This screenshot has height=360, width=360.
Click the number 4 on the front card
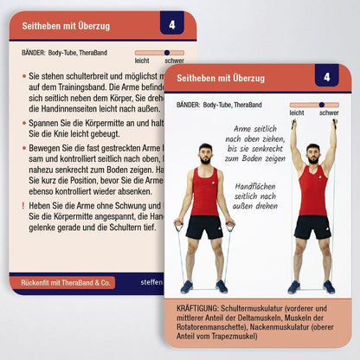pos(326,77)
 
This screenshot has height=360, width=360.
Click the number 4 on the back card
pos(171,25)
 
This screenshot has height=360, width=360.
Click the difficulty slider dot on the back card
pos(167,53)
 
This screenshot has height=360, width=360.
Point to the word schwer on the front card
pos(329,113)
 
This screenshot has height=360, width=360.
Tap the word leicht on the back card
pos(142,61)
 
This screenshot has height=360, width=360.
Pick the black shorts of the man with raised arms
pos(312,228)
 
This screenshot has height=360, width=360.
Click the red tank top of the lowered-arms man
pos(205,191)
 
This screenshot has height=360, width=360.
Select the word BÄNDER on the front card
pos(187,105)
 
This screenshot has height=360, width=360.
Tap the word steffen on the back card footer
pos(151,282)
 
